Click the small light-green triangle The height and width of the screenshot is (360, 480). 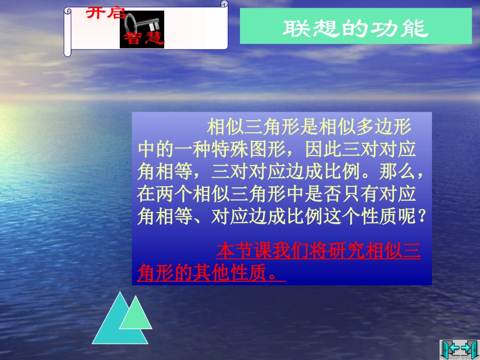[x=135, y=314]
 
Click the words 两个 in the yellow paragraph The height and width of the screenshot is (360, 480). [x=168, y=195]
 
